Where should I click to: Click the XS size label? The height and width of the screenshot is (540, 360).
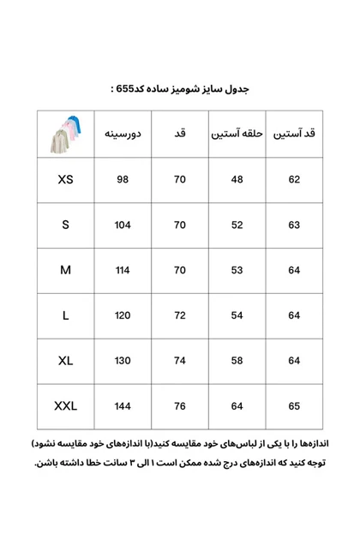point(66,180)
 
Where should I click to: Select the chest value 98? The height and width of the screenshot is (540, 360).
point(123,180)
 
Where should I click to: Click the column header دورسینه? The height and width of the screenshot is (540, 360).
point(123,135)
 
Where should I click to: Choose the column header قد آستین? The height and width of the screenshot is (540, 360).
point(294,135)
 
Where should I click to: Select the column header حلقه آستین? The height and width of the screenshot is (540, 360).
point(236,135)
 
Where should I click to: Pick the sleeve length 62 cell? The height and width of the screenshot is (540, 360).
point(294,180)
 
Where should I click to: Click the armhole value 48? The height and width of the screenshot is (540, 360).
point(236,180)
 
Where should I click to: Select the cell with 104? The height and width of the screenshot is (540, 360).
point(123,225)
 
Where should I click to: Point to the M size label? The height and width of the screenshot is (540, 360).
point(66,270)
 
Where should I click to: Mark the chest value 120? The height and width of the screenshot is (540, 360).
point(123,315)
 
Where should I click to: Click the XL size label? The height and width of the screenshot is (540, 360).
point(66,361)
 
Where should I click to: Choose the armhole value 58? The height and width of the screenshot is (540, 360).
point(236,361)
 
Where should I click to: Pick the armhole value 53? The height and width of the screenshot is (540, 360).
point(236,270)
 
